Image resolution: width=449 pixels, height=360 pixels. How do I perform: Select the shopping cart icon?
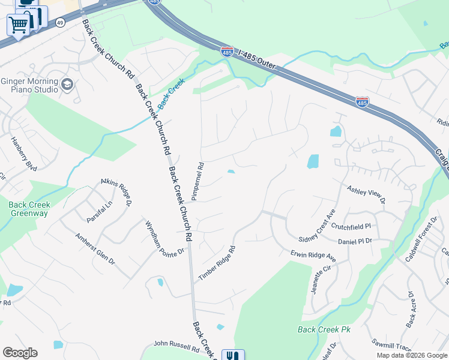pyautogui.click(x=18, y=25)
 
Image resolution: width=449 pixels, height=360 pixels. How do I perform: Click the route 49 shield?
pyautogui.click(x=59, y=22)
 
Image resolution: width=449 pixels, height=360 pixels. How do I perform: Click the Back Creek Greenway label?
pyautogui.click(x=29, y=208)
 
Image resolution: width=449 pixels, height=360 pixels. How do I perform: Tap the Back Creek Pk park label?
pyautogui.click(x=324, y=329)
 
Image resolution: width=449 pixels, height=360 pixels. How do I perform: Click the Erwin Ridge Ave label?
pyautogui.click(x=313, y=256)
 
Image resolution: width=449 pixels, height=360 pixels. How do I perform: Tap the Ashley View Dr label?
pyautogui.click(x=366, y=194)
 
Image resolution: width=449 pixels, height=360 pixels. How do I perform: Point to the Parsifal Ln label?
pyautogui.click(x=99, y=212)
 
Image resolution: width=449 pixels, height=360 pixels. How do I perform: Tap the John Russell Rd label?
pyautogui.click(x=176, y=346)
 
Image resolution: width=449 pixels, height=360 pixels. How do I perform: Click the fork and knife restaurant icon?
pyautogui.click(x=233, y=356)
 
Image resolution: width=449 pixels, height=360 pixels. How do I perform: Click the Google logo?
pyautogui.click(x=20, y=353)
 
